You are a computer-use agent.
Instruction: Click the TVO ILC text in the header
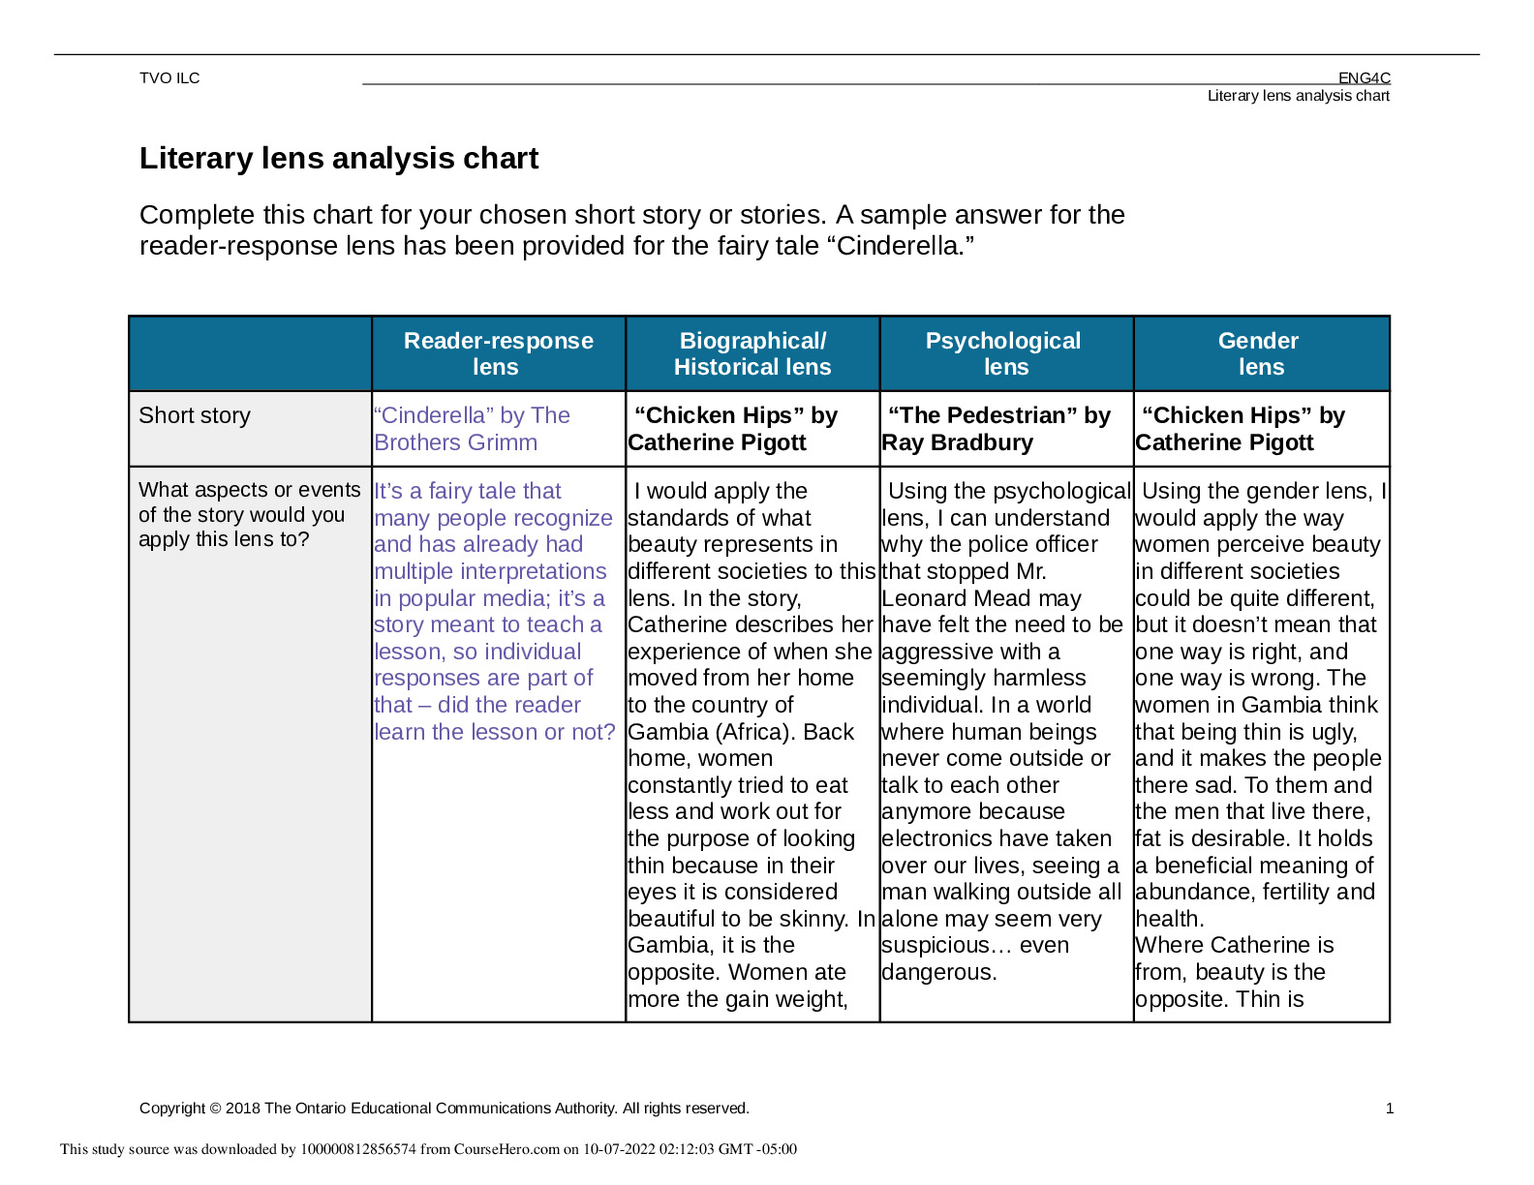[169, 78]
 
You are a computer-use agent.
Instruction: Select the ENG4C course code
[1364, 78]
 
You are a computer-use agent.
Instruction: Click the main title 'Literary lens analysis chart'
[339, 159]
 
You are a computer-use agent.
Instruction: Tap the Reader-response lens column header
[498, 353]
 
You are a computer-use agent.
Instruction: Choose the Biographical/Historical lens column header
[752, 353]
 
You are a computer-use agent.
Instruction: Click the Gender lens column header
[1259, 353]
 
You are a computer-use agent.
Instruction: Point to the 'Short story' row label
[195, 415]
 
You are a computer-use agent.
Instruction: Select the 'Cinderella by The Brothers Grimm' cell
[472, 429]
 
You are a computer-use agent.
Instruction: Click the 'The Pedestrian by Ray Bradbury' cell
[997, 429]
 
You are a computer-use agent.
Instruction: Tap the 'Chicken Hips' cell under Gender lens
[1242, 429]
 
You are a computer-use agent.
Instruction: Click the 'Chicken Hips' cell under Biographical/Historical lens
[734, 429]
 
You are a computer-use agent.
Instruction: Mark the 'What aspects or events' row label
[249, 515]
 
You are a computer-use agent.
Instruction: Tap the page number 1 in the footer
[1390, 1109]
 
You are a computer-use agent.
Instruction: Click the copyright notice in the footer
[444, 1109]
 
